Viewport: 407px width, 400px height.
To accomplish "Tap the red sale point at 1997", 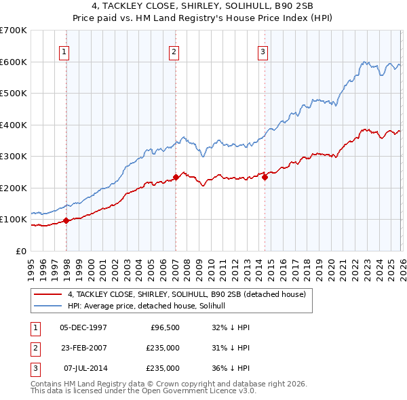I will point(66,220).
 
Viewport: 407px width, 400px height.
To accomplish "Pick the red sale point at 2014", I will point(265,177).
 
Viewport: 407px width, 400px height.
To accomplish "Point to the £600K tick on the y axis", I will point(14,62).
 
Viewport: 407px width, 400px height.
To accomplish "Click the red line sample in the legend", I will point(48,294).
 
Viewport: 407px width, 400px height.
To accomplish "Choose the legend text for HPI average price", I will point(151,306).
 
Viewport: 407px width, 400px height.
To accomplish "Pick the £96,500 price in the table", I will point(163,327).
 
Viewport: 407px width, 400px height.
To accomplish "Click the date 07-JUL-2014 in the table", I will point(85,368).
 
